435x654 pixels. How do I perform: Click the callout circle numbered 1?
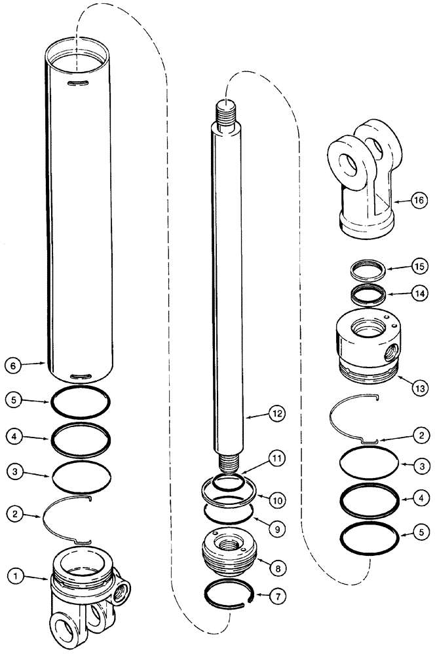click(x=15, y=577)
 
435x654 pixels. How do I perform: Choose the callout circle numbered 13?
click(x=419, y=388)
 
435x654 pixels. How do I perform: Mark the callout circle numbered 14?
click(x=419, y=294)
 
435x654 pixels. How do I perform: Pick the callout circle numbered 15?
click(x=419, y=267)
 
